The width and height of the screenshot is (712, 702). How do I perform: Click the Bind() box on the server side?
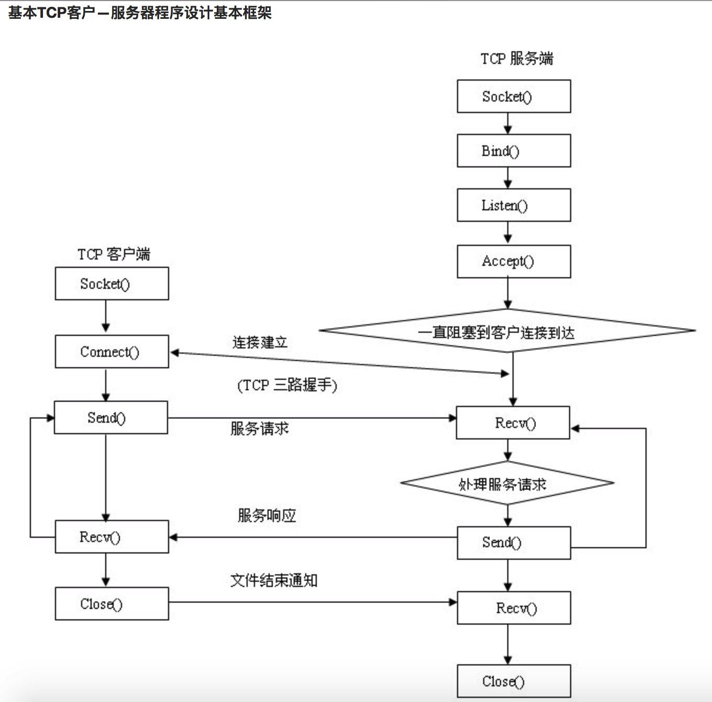point(514,151)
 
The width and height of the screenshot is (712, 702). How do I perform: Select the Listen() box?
point(514,205)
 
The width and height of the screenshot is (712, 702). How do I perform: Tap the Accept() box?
point(514,261)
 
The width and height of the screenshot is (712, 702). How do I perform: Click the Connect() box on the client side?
point(112,352)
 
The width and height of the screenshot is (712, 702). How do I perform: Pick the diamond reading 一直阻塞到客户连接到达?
point(507,331)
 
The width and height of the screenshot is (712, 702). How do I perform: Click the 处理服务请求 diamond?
point(507,483)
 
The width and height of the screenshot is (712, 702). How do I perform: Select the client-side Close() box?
point(112,604)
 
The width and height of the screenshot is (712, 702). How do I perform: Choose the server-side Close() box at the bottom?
point(514,681)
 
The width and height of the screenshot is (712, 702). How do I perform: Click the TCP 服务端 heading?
point(517,58)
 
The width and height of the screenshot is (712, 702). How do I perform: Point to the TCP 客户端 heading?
point(114,254)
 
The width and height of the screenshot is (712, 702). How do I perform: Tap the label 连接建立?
point(260,343)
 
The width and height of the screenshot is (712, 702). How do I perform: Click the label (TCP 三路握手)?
point(287,386)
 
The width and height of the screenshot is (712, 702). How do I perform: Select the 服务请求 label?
point(260,428)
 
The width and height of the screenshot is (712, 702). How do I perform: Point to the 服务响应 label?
point(266,516)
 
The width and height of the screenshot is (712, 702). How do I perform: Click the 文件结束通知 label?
point(274,580)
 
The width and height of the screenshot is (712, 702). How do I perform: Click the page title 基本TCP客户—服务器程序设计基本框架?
point(140,13)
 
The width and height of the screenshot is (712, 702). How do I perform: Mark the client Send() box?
point(111,417)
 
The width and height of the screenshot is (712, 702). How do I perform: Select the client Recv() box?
point(112,537)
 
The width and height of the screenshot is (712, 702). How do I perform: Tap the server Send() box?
point(514,542)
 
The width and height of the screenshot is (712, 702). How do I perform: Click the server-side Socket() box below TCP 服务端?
point(514,96)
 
